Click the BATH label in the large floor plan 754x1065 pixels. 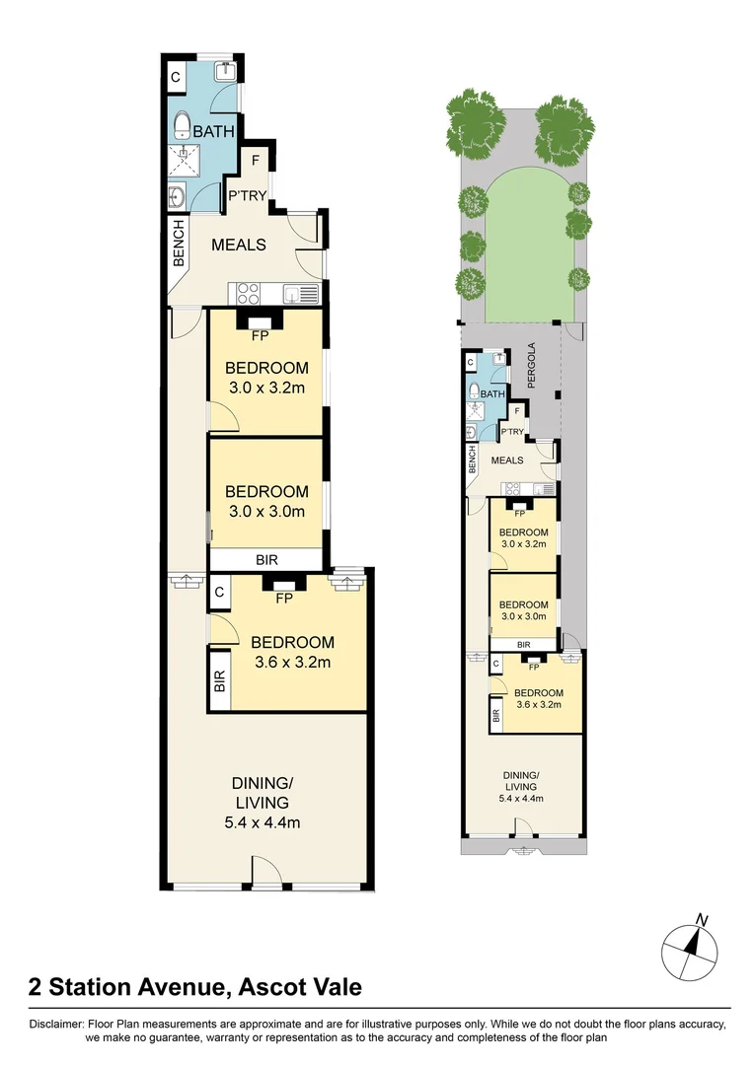[212, 131]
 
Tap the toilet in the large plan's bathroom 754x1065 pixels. [181, 124]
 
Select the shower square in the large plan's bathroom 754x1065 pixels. [180, 162]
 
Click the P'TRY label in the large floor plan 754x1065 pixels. [247, 195]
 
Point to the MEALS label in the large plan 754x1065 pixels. [239, 244]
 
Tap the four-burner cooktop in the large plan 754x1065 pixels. [247, 293]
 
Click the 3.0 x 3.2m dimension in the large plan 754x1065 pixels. [265, 388]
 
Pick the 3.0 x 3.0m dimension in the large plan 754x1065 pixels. [265, 511]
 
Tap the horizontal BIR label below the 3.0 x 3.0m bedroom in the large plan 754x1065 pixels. [266, 559]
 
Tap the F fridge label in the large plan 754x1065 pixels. [256, 160]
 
